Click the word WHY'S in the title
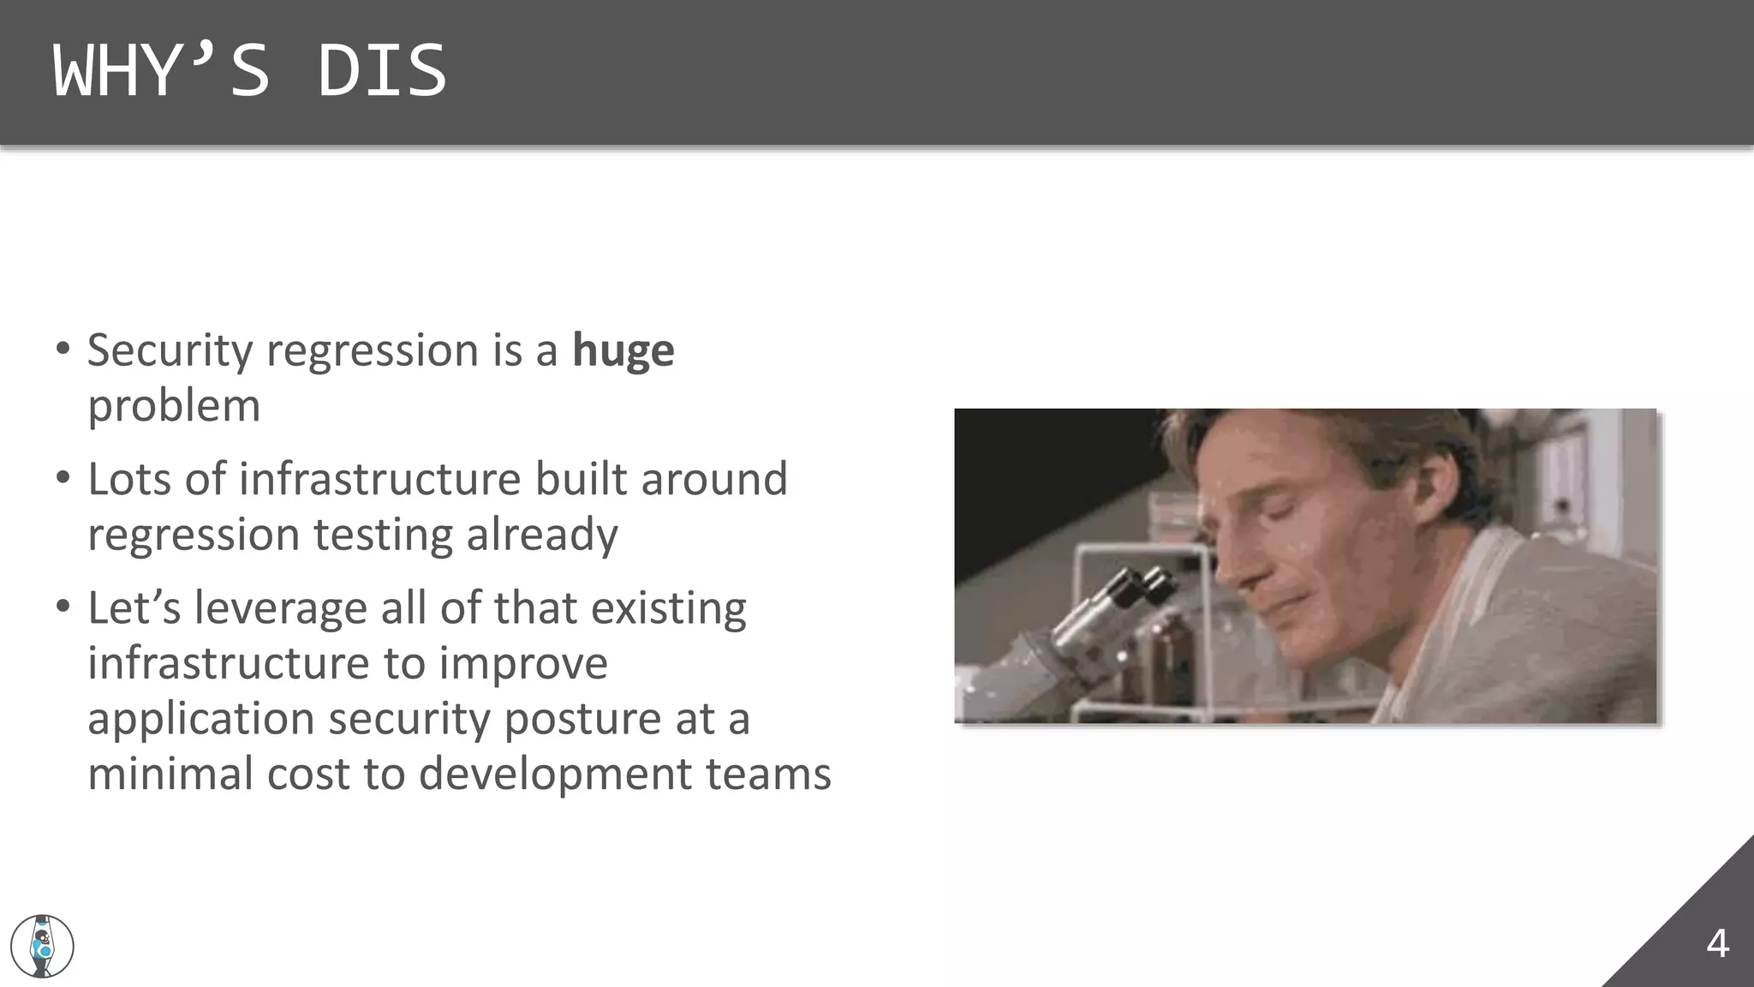point(161,71)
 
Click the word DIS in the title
point(382,71)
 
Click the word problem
point(174,406)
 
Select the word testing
point(383,535)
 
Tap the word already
point(541,535)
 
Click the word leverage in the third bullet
point(281,609)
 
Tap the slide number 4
point(1716,944)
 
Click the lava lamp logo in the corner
point(42,946)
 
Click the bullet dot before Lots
point(63,477)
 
